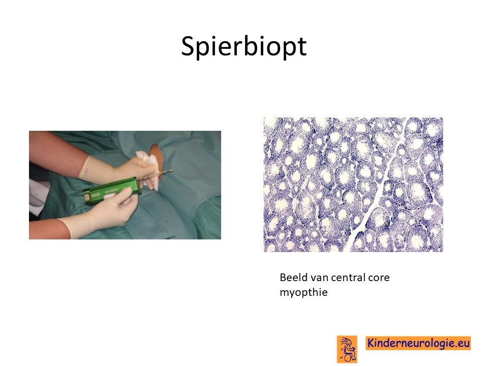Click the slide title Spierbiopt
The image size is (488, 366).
[x=244, y=47]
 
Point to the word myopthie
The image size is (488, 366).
[x=303, y=293]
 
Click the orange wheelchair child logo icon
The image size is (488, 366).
[x=347, y=349]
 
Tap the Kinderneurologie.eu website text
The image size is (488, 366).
[x=418, y=343]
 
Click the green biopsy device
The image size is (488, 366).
[x=110, y=191]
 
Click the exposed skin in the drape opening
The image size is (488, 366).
[x=157, y=156]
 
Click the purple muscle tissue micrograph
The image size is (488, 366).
[x=353, y=185]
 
